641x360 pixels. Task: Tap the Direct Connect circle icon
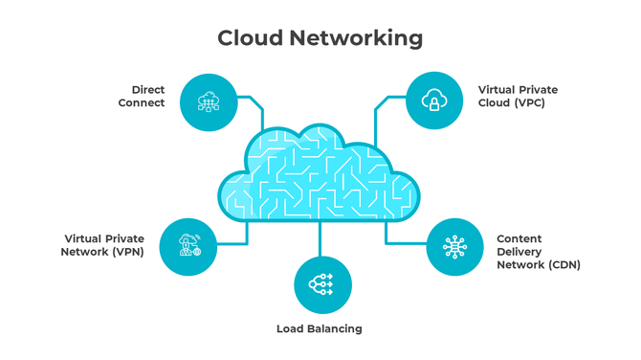click(209, 101)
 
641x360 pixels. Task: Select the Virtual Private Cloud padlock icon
click(433, 101)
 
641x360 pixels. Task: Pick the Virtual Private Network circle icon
click(188, 247)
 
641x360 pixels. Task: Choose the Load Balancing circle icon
click(321, 284)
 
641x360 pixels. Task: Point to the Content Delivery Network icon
click(454, 247)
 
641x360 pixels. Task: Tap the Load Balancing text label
click(320, 328)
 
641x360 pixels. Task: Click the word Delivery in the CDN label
click(519, 252)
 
